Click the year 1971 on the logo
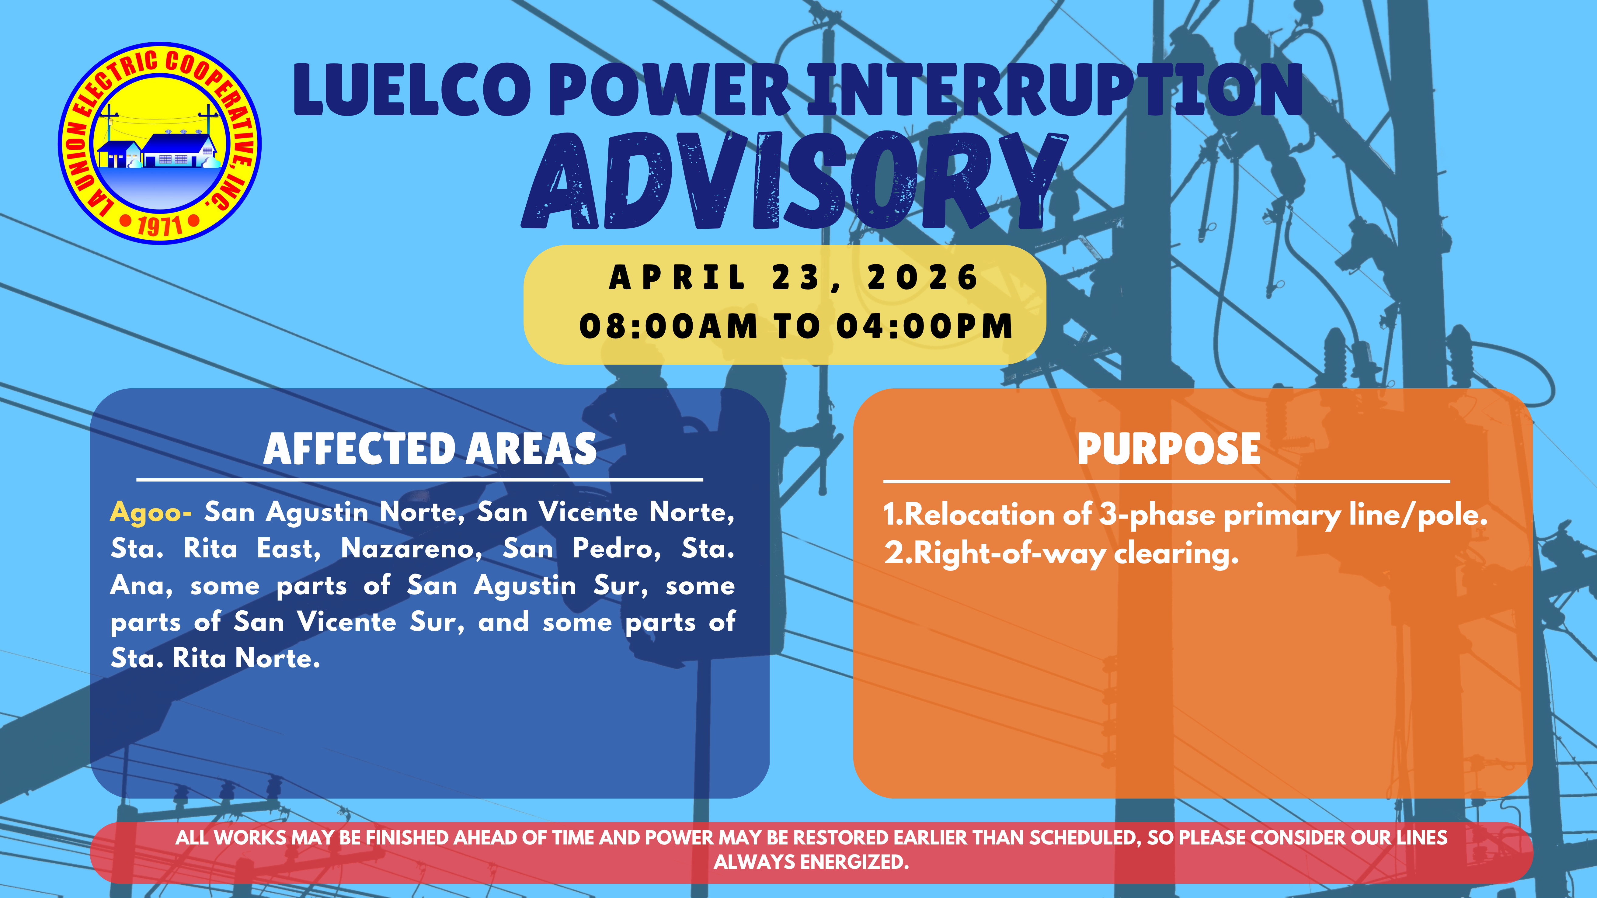[160, 226]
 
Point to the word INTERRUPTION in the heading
[1054, 92]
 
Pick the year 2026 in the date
[923, 278]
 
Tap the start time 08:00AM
[668, 327]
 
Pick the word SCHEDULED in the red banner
[1084, 838]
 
